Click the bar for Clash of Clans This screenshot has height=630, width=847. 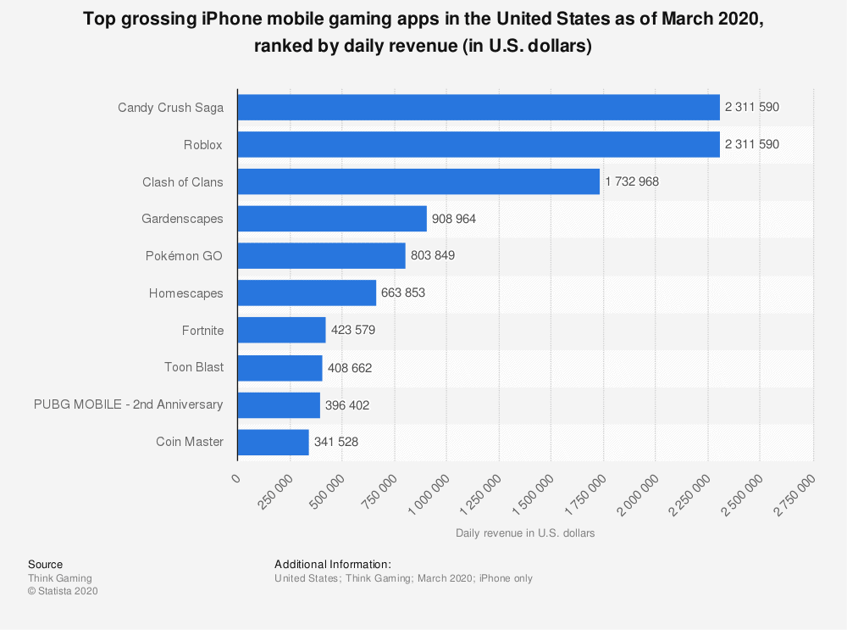tap(418, 181)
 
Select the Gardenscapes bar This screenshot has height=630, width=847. tap(332, 219)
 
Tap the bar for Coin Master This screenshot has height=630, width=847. tap(273, 442)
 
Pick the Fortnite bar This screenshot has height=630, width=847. tap(281, 330)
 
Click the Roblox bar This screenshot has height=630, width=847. tap(479, 144)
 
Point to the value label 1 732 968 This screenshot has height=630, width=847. tap(632, 181)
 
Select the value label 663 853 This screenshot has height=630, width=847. tap(403, 293)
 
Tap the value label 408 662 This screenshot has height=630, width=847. tap(350, 368)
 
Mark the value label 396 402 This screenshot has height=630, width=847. tap(347, 405)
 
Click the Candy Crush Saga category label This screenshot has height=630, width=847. tap(170, 108)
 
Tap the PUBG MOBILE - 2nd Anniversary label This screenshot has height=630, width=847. tap(129, 404)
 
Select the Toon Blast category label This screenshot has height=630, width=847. tap(194, 367)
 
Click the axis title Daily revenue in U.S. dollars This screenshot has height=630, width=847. tap(525, 533)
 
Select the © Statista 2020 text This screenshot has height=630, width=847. tap(63, 591)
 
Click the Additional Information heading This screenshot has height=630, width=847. tap(333, 564)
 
